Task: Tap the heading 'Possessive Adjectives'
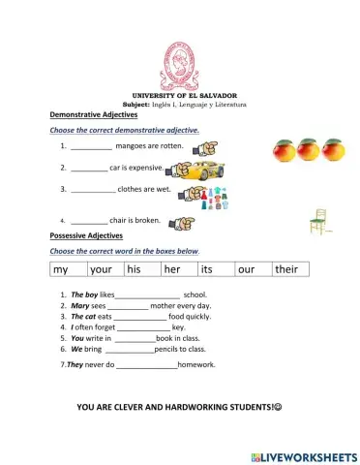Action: point(86,235)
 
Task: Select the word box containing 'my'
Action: point(67,268)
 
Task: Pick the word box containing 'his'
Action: point(142,268)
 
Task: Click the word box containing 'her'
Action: point(179,268)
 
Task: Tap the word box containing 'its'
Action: point(216,268)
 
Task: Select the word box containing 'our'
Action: point(253,268)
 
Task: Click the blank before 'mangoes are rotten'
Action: point(91,146)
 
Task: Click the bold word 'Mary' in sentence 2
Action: point(80,305)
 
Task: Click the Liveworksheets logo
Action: point(302,455)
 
